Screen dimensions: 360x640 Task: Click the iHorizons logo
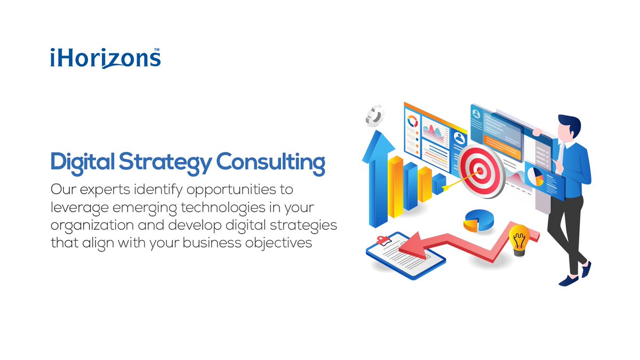(x=105, y=58)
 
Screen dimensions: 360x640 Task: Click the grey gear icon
(x=375, y=115)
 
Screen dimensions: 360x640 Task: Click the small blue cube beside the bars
(x=439, y=183)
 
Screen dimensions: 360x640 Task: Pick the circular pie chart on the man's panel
(x=534, y=177)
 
